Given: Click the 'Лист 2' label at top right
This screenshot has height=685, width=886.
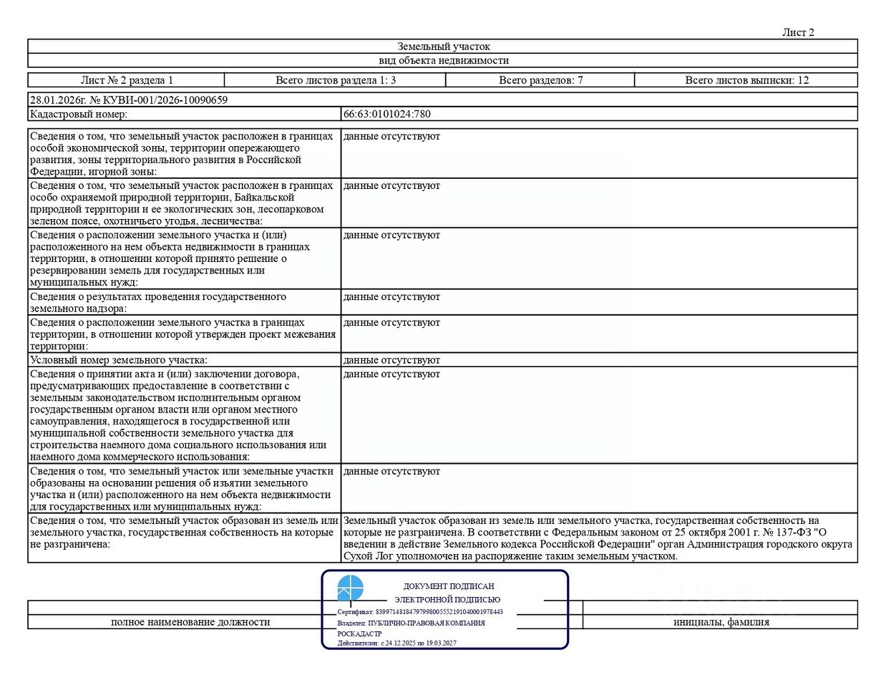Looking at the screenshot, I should point(798,32).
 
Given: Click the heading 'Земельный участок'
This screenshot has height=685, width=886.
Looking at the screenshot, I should point(444,47).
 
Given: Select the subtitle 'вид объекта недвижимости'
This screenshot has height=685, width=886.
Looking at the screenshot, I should point(444,61).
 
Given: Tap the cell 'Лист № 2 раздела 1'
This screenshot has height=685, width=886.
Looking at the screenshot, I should point(127,80).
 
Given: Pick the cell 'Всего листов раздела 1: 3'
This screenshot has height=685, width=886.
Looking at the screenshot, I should point(336,80).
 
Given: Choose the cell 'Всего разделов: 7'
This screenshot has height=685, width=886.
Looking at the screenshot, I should point(540,80).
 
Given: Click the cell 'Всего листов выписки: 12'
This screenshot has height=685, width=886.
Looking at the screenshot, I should point(746,80).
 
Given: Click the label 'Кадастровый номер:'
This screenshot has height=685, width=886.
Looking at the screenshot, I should point(79,114).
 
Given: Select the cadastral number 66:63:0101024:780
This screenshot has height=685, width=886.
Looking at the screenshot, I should point(387,114).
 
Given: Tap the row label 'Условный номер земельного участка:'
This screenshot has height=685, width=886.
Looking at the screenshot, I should point(119,360).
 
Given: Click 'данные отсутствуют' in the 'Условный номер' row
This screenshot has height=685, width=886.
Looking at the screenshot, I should point(391,360).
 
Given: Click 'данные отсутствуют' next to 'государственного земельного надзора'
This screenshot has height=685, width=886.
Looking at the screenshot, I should point(391,297).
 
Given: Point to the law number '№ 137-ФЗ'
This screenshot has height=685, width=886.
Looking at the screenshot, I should point(789,533).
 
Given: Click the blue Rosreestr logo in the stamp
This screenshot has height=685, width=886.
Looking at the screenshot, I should point(351,588).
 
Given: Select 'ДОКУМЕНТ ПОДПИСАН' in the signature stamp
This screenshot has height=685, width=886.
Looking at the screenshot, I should point(449,586).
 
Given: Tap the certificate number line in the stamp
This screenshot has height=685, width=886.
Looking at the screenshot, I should point(420,612).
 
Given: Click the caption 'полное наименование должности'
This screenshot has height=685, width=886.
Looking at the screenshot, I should point(190,622).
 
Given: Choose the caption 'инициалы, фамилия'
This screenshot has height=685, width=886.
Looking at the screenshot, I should point(721,622).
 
